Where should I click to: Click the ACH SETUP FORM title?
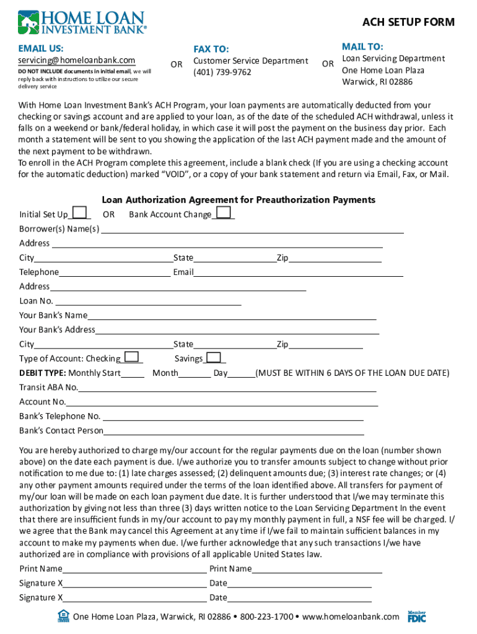[x=408, y=22]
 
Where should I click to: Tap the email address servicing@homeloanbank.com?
[x=77, y=60]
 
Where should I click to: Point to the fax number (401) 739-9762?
[x=222, y=72]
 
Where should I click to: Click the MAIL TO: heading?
[x=362, y=47]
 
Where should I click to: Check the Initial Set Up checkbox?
[x=79, y=213]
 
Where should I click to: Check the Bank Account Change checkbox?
[x=224, y=213]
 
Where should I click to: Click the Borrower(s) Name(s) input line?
[x=252, y=229]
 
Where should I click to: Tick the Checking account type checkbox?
[x=131, y=357]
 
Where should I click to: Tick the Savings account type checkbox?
[x=213, y=357]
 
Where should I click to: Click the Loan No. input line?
[x=147, y=301]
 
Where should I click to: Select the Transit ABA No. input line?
[x=227, y=388]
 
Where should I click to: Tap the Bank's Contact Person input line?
[x=234, y=431]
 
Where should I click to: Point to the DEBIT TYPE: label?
[x=43, y=373]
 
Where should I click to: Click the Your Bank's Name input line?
[x=232, y=316]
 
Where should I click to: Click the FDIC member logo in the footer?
[x=417, y=616]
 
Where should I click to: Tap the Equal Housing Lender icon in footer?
[x=63, y=615]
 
